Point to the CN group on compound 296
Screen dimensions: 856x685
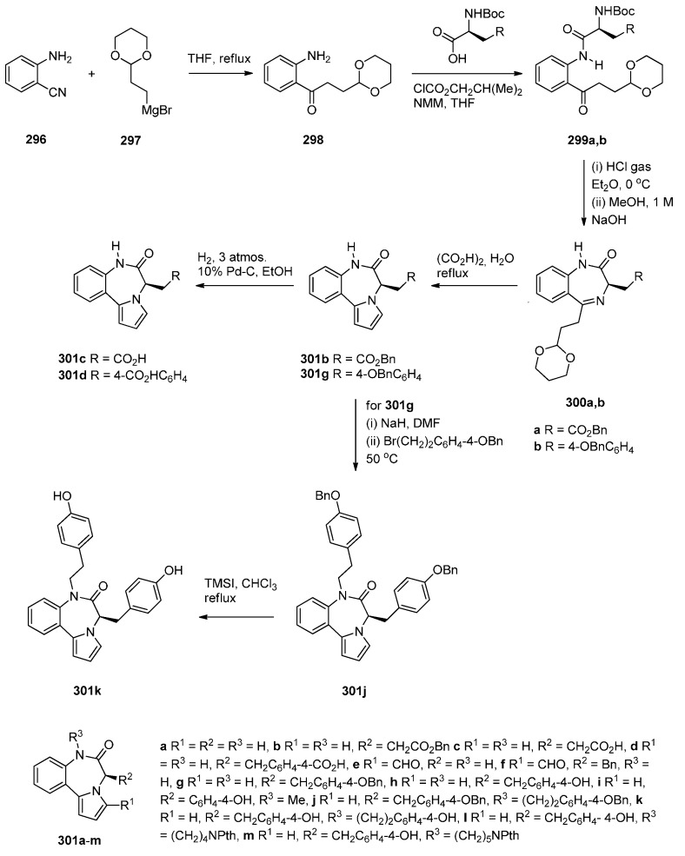70,86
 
